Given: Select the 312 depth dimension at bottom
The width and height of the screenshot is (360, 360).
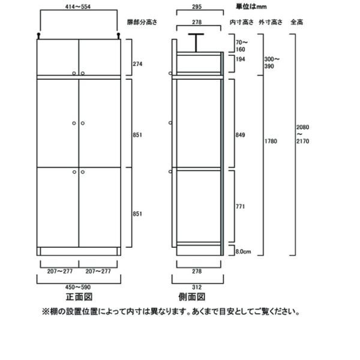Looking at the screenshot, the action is click(198, 286).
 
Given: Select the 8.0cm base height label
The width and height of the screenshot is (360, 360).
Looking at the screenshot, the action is click(243, 252).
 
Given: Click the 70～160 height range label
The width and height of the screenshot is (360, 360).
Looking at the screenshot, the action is click(241, 46).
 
